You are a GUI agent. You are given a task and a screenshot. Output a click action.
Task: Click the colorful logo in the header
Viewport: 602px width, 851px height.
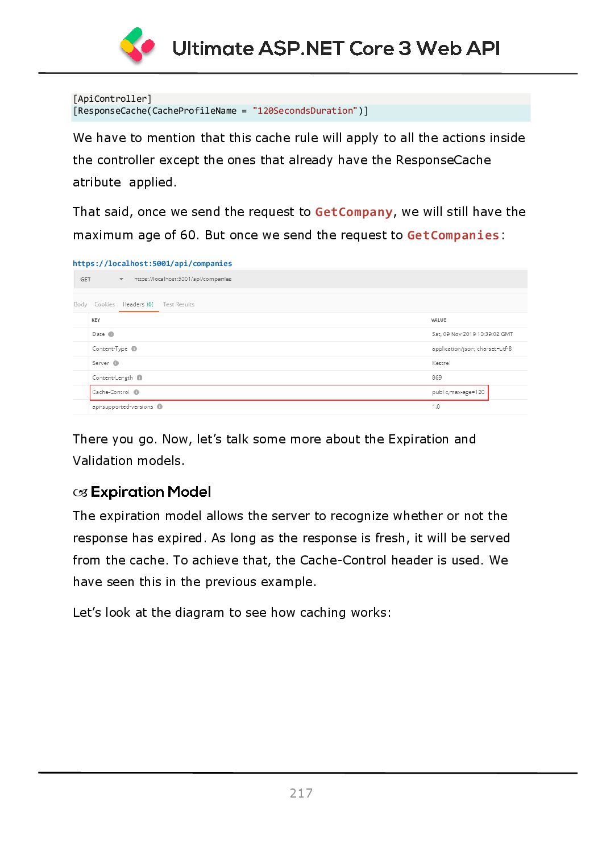(x=138, y=45)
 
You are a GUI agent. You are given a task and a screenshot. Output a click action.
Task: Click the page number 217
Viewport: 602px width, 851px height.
(x=301, y=793)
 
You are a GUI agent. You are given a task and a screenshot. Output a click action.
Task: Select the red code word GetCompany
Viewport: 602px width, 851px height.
(x=354, y=212)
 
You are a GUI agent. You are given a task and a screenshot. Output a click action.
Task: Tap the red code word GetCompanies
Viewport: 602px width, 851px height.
(x=453, y=235)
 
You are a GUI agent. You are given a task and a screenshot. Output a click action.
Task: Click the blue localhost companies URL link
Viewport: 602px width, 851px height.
(x=152, y=264)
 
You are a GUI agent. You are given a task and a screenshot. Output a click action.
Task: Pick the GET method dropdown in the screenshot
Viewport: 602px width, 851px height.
(x=102, y=279)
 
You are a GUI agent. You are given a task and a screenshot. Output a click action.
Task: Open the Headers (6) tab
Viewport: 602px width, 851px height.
(x=138, y=305)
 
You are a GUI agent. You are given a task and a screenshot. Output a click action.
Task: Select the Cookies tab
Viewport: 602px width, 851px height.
(x=105, y=305)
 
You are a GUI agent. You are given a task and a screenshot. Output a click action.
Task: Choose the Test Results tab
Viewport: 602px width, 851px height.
(x=178, y=305)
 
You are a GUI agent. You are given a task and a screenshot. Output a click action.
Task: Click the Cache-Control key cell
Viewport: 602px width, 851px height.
(x=111, y=392)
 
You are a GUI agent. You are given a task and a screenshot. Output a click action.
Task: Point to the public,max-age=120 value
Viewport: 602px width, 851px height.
(x=458, y=392)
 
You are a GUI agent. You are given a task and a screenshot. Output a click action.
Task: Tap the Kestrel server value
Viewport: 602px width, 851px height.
(x=441, y=363)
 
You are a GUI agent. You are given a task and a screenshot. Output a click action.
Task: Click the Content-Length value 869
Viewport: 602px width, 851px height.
(x=437, y=377)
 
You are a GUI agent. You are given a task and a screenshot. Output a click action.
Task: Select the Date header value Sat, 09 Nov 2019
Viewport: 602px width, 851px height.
(x=472, y=334)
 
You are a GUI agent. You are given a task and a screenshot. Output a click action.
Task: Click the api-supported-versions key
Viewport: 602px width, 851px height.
(x=123, y=407)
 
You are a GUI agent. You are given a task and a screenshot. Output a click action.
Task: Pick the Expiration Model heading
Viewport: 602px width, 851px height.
(x=151, y=492)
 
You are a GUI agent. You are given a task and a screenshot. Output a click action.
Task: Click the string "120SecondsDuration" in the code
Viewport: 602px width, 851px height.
(x=305, y=111)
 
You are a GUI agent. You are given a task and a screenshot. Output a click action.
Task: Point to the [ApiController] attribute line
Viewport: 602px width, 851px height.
(x=113, y=99)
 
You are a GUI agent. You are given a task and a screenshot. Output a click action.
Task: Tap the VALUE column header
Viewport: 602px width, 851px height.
(x=439, y=320)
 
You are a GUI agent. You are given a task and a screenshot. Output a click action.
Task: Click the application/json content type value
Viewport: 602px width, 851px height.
(x=471, y=349)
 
